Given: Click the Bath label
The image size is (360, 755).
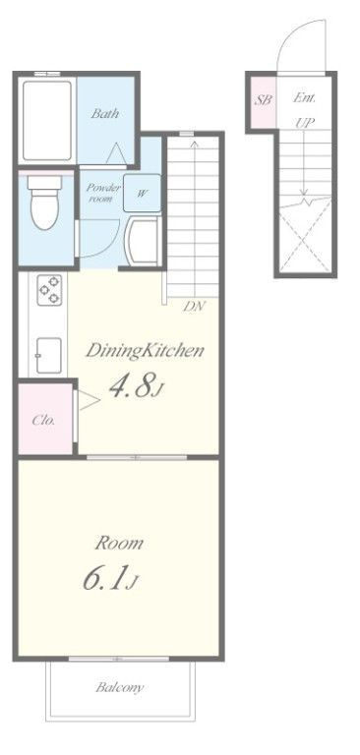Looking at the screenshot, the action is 105,114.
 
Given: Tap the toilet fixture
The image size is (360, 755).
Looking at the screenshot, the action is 44,203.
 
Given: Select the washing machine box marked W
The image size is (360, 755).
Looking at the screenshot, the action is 142,193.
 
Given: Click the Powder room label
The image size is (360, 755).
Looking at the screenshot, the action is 103,193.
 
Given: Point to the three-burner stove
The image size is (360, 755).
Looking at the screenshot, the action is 49,290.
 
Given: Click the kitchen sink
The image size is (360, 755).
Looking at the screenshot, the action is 49,355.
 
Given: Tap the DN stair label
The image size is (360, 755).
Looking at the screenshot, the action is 195,307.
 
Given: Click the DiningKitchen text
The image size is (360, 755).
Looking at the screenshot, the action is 145,352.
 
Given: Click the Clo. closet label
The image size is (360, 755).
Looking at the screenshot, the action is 43,420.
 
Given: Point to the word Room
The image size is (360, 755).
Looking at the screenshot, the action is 119,543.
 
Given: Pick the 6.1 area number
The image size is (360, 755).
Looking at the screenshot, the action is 105,578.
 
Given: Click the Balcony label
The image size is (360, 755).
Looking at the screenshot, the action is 120,687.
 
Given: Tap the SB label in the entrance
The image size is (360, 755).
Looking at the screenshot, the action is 264,100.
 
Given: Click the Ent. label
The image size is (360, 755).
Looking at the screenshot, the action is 305,97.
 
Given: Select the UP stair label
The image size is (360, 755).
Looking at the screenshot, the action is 305,123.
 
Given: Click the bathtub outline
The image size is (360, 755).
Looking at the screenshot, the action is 47,120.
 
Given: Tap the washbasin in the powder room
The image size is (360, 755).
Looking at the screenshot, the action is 142,241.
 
